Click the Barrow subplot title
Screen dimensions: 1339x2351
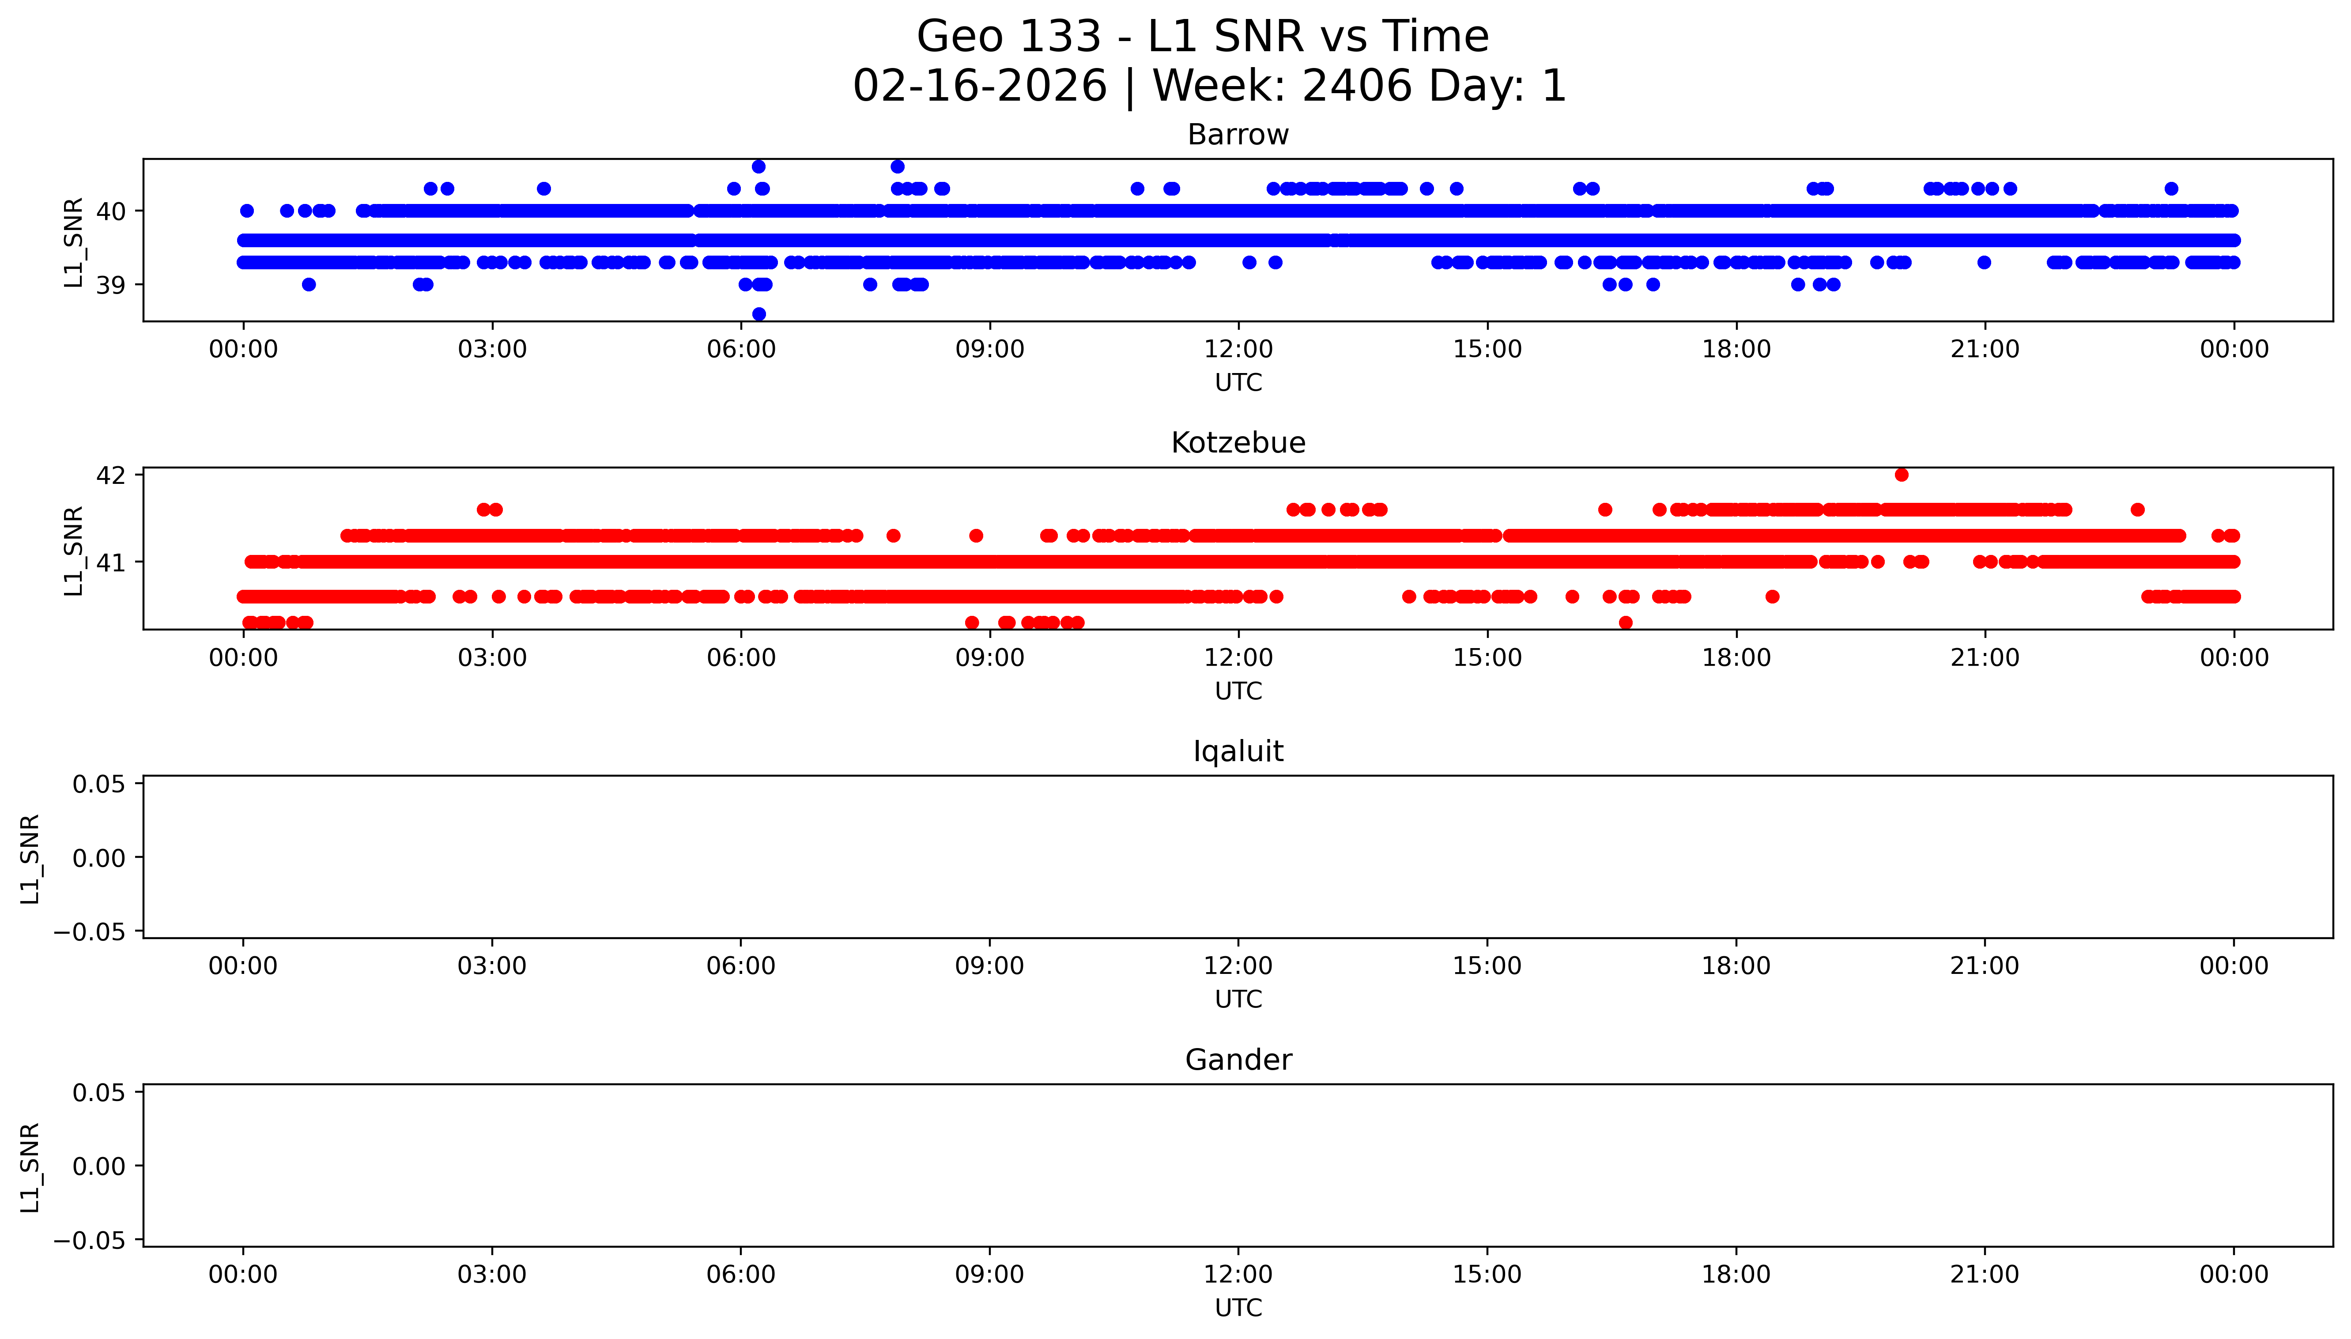[1238, 135]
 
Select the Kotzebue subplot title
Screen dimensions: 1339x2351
[1238, 443]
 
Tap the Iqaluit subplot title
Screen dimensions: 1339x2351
[1238, 751]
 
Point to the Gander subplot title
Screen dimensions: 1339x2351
[1238, 1060]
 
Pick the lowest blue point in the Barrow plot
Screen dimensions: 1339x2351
[759, 313]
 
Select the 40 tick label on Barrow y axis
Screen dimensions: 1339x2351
[110, 211]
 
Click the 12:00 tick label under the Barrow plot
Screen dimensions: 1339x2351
[1238, 350]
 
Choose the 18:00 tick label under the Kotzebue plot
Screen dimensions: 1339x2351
[1736, 657]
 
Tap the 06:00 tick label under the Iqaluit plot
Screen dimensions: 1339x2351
[740, 966]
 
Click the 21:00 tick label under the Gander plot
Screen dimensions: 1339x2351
[1984, 1275]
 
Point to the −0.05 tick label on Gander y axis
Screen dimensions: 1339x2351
[89, 1241]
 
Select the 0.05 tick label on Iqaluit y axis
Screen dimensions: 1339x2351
[98, 785]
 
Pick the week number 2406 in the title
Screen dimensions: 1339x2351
[1356, 87]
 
